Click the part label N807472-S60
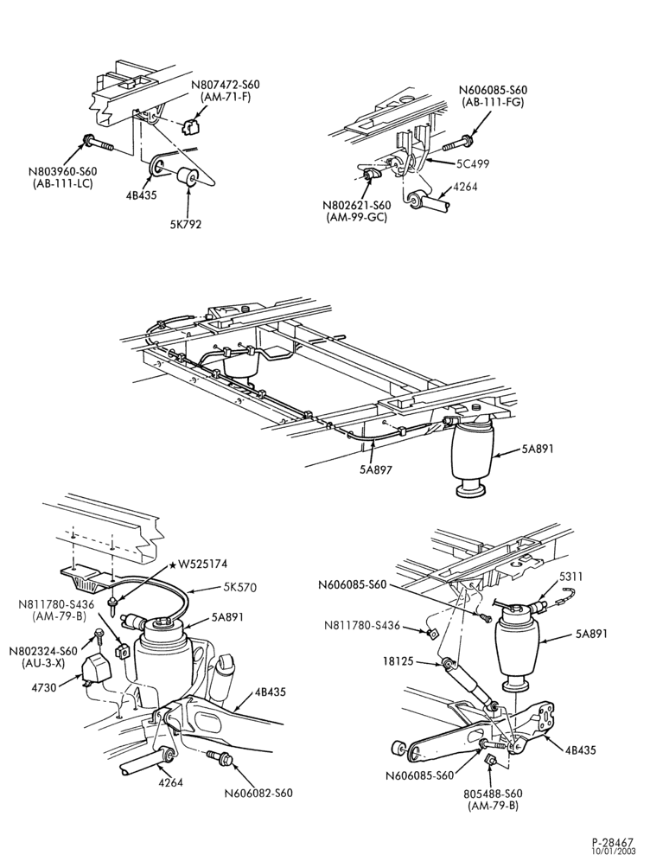pos(226,86)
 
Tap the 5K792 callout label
pos(186,224)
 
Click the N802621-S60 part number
pos(357,206)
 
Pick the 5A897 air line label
pos(376,470)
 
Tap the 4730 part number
pos(44,686)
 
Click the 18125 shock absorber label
pos(399,662)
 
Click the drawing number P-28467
pos(613,842)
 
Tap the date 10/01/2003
pos(613,851)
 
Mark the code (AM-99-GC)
pos(357,217)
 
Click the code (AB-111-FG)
pos(493,102)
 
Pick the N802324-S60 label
pos(44,651)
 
